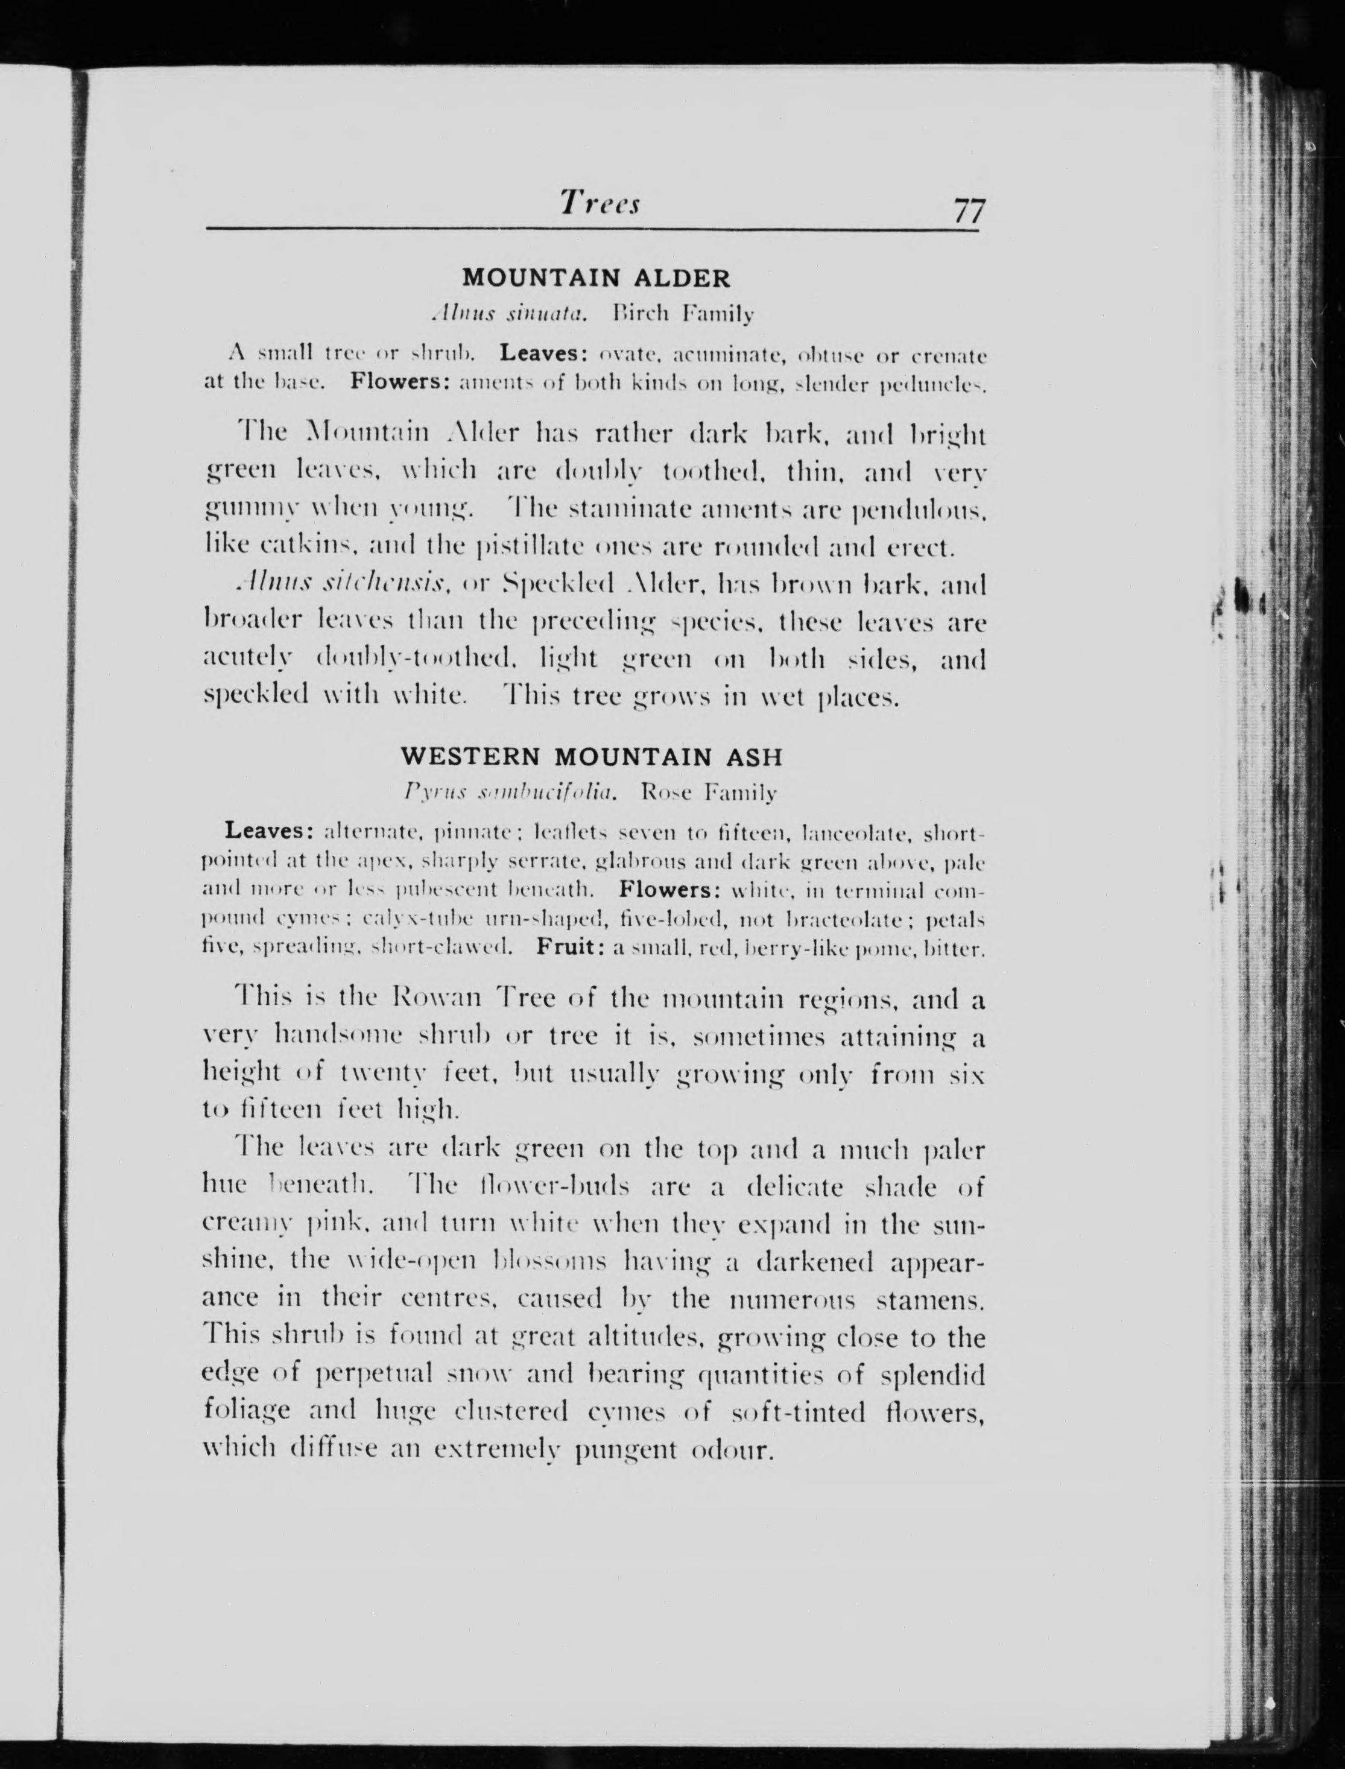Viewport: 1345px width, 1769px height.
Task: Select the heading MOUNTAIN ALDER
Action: [597, 279]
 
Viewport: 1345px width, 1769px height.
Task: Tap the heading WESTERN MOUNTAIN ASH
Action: [592, 756]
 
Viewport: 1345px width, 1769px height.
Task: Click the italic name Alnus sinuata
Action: [508, 314]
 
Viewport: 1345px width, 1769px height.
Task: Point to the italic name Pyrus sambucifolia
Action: [511, 793]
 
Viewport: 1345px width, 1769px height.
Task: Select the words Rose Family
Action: [709, 793]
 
